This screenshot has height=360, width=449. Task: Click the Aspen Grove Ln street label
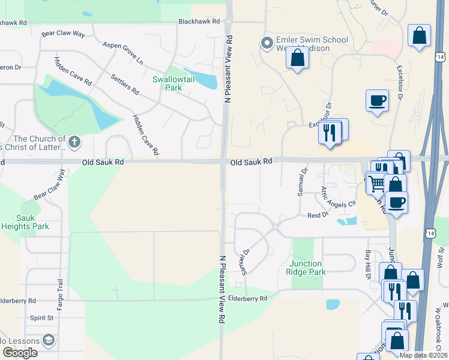point(123,53)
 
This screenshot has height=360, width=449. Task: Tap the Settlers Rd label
point(125,85)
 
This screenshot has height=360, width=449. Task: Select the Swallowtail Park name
point(167,83)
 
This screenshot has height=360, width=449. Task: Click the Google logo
point(20,353)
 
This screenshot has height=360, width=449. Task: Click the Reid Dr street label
point(318,215)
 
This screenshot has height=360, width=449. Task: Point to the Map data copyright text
point(423,355)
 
